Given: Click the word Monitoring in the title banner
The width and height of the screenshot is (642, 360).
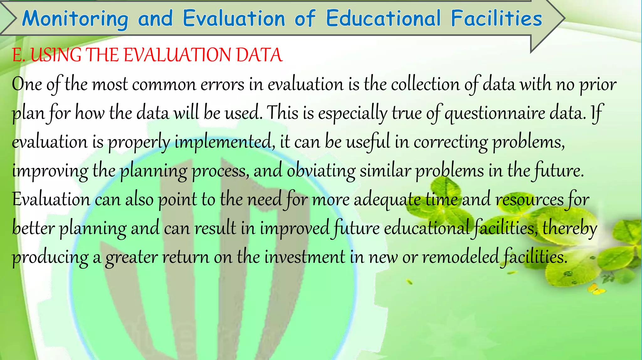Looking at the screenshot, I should coord(75,19).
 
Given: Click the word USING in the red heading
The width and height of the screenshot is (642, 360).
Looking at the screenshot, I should coord(56,55).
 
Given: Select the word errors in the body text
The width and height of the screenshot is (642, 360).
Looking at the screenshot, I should coord(222,85).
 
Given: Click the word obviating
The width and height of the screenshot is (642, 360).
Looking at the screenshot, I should coord(321,171).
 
